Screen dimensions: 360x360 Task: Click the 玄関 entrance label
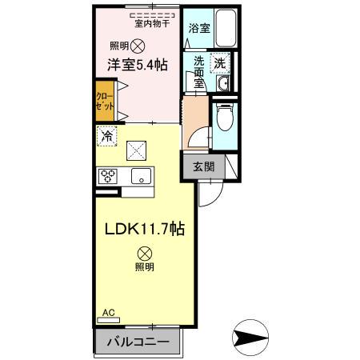(x=203, y=167)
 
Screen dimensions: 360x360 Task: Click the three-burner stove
(x=108, y=177)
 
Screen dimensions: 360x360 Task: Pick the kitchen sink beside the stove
(x=140, y=177)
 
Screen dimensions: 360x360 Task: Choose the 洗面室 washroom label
(x=196, y=70)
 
